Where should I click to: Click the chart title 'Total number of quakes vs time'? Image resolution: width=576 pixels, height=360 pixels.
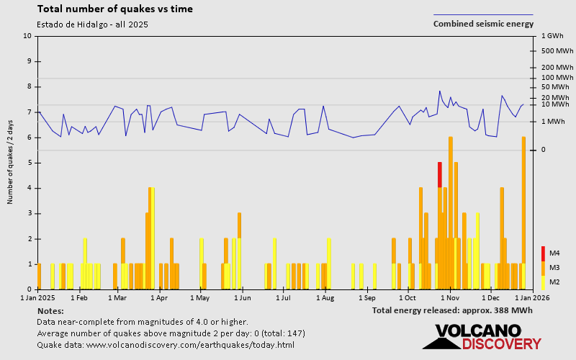pos(114,9)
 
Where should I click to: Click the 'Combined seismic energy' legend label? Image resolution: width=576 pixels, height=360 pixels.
pos(483,24)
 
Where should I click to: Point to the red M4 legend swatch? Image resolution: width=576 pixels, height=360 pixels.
pos(543,253)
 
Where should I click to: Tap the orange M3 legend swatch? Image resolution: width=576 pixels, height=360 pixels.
pos(543,267)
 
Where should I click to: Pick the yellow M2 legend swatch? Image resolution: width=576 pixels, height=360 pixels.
pos(543,282)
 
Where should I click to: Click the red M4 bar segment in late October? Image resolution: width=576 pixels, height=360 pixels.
pos(440,174)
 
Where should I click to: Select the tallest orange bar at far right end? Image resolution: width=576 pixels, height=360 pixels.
pos(523,212)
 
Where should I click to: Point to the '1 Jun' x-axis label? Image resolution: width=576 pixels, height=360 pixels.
pos(242,297)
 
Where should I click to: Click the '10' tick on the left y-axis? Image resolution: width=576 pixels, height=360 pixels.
pos(27,36)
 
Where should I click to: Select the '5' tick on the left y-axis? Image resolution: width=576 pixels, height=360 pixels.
pos(30,163)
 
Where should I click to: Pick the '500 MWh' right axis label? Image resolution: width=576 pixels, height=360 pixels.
pos(554,50)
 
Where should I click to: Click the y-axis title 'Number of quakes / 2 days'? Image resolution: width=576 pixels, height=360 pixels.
pos(11,162)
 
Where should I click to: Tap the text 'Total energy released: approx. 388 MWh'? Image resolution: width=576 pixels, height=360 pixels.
pos(452,310)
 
